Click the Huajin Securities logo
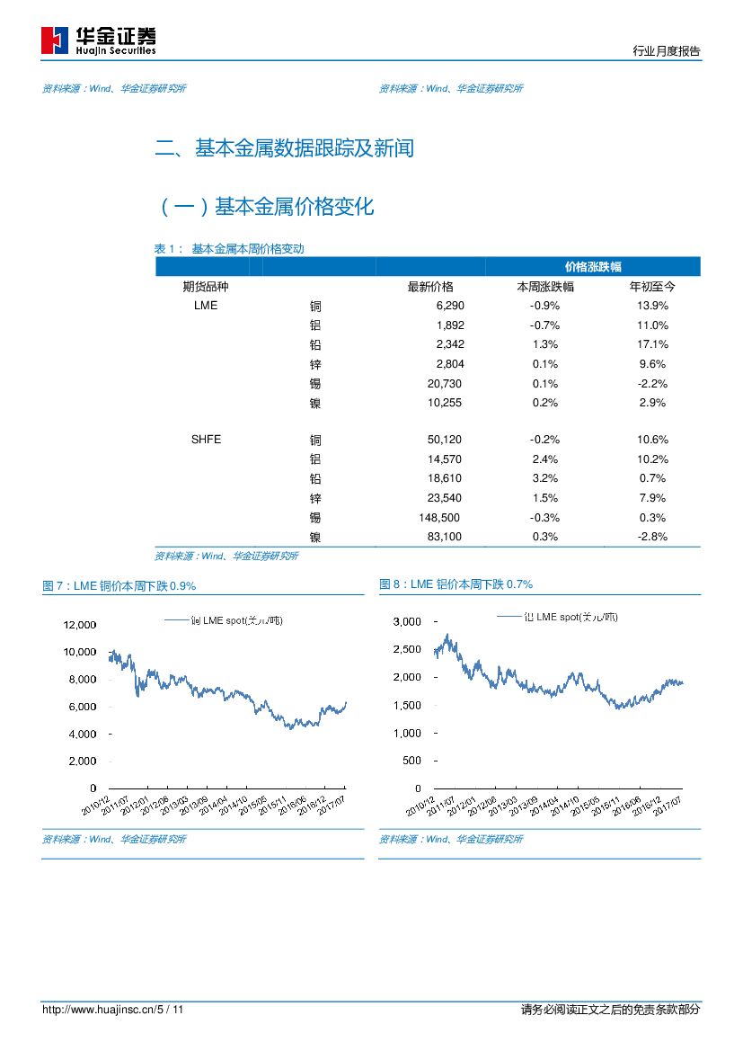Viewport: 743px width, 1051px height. [x=99, y=40]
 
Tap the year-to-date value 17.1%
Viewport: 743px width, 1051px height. [x=652, y=344]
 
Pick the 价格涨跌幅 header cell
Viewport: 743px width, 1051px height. [x=593, y=267]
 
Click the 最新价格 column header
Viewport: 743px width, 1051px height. [x=430, y=287]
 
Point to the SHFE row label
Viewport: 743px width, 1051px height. [x=206, y=440]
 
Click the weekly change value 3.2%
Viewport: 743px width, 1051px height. [x=544, y=478]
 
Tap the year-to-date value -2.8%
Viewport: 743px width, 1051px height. [x=651, y=537]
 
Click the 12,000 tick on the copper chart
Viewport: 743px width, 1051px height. [x=79, y=624]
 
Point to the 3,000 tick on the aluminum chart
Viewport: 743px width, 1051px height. [x=407, y=621]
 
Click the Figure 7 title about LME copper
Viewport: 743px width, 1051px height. [x=119, y=585]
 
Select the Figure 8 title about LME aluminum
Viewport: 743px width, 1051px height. [x=456, y=584]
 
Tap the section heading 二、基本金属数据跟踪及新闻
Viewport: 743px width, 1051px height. [x=285, y=148]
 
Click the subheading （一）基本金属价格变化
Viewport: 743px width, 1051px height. [x=266, y=208]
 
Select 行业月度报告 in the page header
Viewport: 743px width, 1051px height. [x=667, y=52]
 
